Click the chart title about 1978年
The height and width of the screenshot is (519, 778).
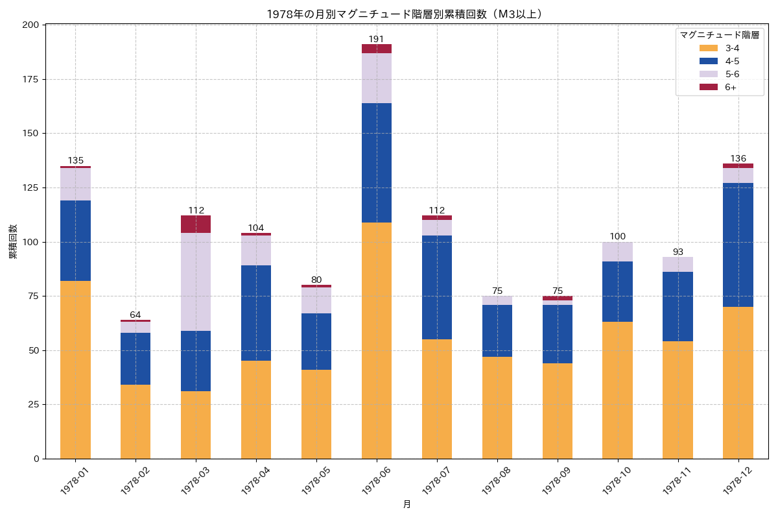click(405, 14)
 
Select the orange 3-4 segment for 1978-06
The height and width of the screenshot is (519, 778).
click(377, 341)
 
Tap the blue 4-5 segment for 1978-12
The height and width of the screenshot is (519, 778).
click(738, 245)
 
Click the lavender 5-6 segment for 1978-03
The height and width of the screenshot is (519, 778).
click(196, 282)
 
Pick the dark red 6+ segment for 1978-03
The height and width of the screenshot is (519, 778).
click(196, 224)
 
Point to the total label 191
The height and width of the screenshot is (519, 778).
click(377, 39)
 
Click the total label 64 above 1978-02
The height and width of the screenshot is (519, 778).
click(136, 315)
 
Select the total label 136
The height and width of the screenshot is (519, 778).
click(738, 158)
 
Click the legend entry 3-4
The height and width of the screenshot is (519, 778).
click(732, 48)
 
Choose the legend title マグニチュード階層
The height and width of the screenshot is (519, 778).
click(719, 35)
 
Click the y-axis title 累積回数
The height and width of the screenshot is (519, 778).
click(13, 241)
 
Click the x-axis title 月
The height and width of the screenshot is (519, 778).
click(407, 505)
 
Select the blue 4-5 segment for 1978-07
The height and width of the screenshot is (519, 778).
click(437, 287)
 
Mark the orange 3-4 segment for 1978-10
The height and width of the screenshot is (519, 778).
click(617, 390)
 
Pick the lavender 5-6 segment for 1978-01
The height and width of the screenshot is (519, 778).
click(75, 184)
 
